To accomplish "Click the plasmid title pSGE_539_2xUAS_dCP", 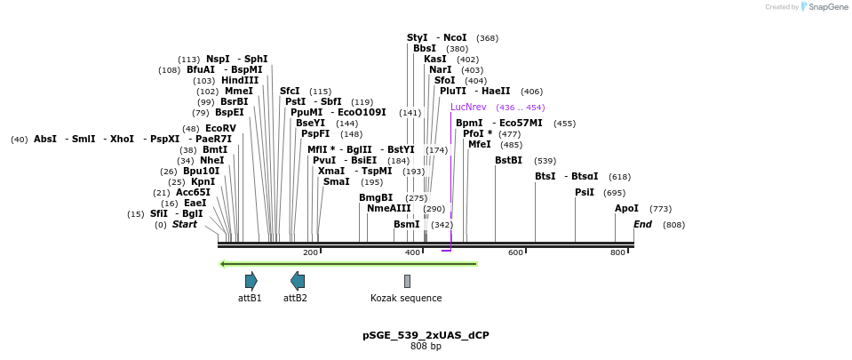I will [x=426, y=335].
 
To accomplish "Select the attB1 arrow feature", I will [x=251, y=281].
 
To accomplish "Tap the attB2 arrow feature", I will [x=298, y=281].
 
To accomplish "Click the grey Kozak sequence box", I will [x=407, y=281].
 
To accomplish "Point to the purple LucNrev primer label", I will [x=468, y=107].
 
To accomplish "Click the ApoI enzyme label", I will [x=626, y=209].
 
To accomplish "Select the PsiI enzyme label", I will [x=584, y=192].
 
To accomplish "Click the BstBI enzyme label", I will [x=508, y=161].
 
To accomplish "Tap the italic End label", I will [x=642, y=224].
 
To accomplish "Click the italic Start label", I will [x=185, y=224].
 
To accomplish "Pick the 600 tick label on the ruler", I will [x=515, y=253].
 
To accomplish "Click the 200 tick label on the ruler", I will [x=310, y=253].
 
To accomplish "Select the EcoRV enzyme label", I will [x=220, y=128].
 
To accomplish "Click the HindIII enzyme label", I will [x=240, y=80].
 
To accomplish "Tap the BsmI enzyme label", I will [x=406, y=224].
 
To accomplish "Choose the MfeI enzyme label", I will [x=479, y=144].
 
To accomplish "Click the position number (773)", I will [x=661, y=209].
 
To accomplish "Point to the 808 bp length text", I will [x=426, y=346].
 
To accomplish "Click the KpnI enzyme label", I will [x=203, y=181].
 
